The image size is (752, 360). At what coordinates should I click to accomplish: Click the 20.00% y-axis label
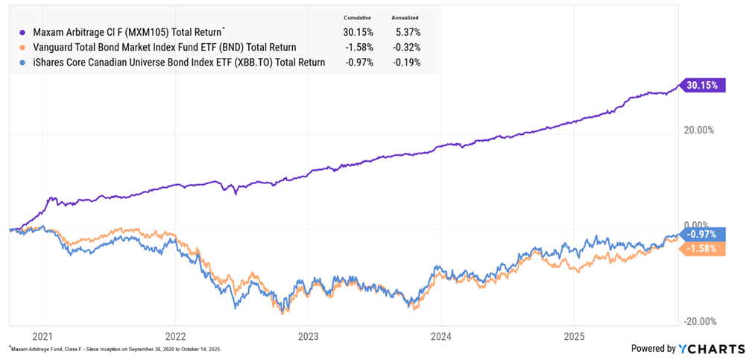pyautogui.click(x=699, y=130)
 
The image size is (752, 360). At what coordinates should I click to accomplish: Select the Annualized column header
pyautogui.click(x=405, y=17)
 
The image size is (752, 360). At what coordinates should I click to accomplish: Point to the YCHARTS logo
pyautogui.click(x=712, y=348)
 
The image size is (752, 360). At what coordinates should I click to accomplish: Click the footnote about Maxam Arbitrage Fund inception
pyautogui.click(x=116, y=349)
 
